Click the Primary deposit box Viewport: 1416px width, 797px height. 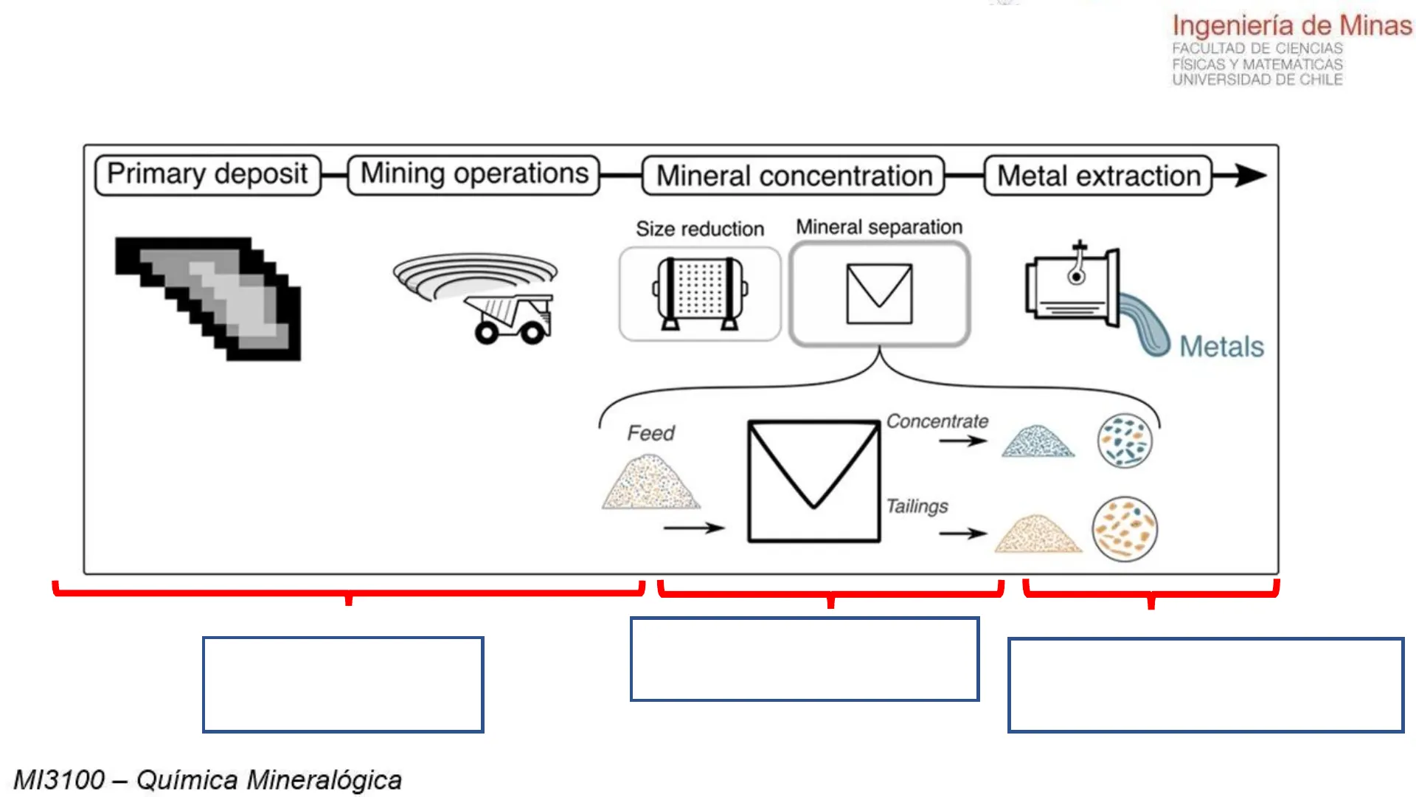point(207,175)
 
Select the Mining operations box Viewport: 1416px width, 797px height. point(473,175)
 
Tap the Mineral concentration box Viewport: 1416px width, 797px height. point(794,176)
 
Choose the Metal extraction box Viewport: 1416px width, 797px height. point(1098,176)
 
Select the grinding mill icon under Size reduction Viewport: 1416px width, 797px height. point(700,294)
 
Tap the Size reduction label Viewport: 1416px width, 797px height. point(700,229)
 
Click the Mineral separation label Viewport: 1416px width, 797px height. point(879,227)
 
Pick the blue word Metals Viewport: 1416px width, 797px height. point(1221,346)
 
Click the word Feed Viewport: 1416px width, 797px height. point(650,432)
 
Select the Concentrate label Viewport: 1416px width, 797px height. point(937,421)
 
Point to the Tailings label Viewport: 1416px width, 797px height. point(917,506)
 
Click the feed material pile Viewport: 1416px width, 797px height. point(650,483)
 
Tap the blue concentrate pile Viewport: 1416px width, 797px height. point(1038,442)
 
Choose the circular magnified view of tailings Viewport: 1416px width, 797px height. point(1125,529)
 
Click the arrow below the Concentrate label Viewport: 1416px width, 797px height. point(962,441)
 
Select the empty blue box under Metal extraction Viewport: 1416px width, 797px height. point(1205,685)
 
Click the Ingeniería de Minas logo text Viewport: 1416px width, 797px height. point(1292,26)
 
